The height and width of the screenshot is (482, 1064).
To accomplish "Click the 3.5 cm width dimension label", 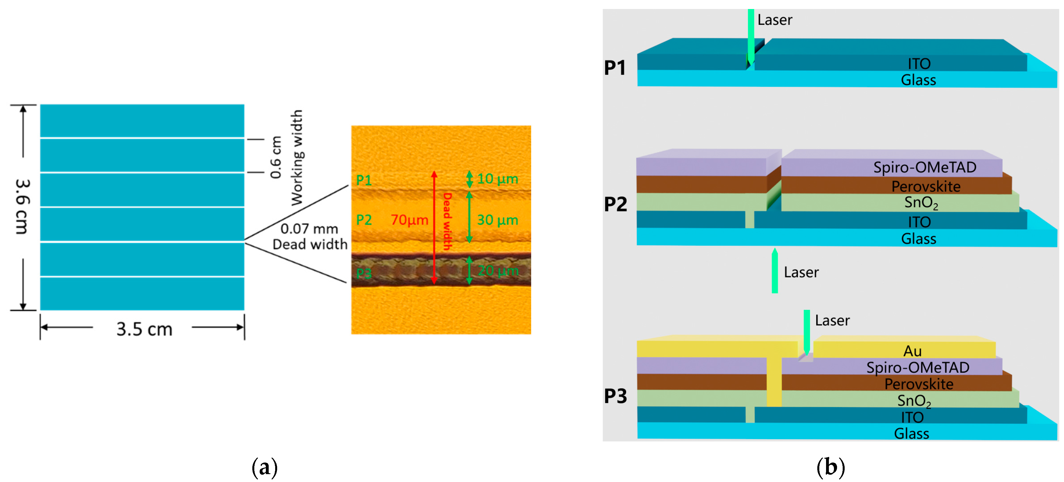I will click(144, 329).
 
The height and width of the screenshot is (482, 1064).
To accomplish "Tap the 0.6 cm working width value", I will click(275, 157).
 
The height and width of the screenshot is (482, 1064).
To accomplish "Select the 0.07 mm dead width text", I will click(309, 229).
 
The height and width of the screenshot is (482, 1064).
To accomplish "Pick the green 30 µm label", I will click(497, 220).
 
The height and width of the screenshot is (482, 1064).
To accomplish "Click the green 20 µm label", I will click(498, 271).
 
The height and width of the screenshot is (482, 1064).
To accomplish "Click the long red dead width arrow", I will click(434, 227).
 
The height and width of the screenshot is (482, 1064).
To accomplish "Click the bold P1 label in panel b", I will click(615, 68).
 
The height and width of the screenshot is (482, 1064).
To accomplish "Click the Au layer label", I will click(912, 351).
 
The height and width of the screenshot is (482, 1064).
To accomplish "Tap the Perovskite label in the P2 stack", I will click(926, 186).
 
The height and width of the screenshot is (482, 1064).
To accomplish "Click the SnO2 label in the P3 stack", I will click(914, 401).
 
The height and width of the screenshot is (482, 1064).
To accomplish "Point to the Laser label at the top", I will click(774, 20).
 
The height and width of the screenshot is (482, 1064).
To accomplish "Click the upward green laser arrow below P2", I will click(774, 271).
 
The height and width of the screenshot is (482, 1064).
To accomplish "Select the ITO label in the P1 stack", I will click(919, 64).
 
